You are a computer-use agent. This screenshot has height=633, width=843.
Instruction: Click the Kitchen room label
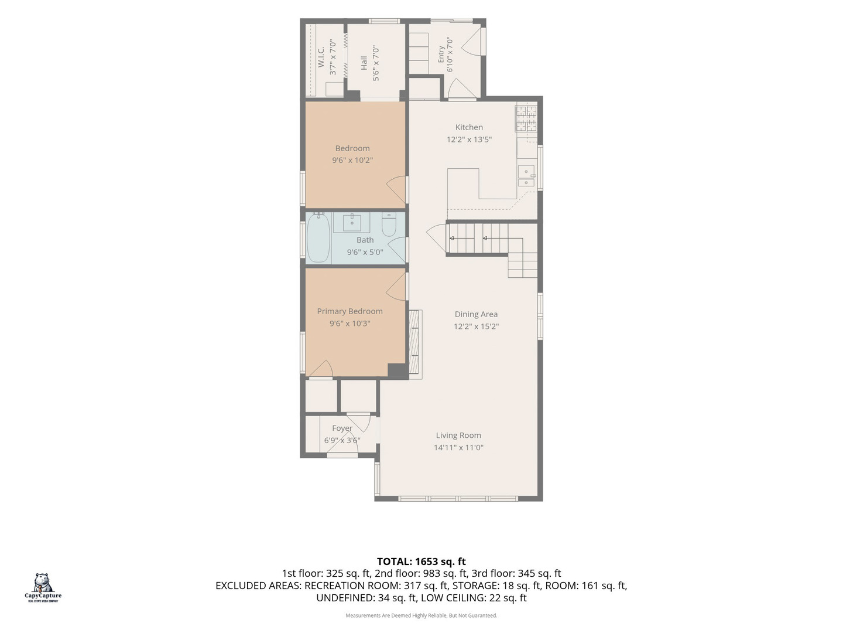pyautogui.click(x=469, y=127)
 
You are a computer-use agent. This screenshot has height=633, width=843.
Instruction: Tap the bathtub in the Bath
pyautogui.click(x=318, y=237)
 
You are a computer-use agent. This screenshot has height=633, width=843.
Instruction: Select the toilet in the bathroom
pyautogui.click(x=389, y=224)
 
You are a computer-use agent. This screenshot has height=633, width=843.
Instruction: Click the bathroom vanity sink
pyautogui.click(x=351, y=223)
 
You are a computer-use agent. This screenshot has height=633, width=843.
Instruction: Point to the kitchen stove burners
pyautogui.click(x=526, y=118)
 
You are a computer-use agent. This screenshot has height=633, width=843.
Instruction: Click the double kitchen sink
pyautogui.click(x=526, y=176)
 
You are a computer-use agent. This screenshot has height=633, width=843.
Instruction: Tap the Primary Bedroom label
pyautogui.click(x=349, y=311)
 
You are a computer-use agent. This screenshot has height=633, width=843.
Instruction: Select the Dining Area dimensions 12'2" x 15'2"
pyautogui.click(x=476, y=326)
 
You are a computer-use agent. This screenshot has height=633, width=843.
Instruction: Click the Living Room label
pyautogui.click(x=458, y=435)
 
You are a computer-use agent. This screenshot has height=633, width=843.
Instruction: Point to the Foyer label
pyautogui.click(x=342, y=428)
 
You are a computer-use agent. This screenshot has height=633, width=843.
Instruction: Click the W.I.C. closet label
pyautogui.click(x=321, y=57)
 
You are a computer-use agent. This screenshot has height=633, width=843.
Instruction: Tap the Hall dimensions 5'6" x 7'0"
pyautogui.click(x=376, y=63)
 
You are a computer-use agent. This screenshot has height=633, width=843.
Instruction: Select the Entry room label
pyautogui.click(x=441, y=54)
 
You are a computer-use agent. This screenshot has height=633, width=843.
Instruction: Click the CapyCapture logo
pyautogui.click(x=43, y=588)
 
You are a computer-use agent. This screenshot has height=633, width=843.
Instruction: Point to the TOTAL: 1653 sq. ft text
pyautogui.click(x=421, y=561)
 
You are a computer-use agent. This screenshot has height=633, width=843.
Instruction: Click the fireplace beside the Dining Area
pyautogui.click(x=415, y=345)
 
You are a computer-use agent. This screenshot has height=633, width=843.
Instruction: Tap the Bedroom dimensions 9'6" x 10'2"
pyautogui.click(x=352, y=160)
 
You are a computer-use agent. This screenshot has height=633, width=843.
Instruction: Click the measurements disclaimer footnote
pyautogui.click(x=421, y=615)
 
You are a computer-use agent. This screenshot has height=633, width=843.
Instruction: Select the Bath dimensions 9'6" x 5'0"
pyautogui.click(x=365, y=252)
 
